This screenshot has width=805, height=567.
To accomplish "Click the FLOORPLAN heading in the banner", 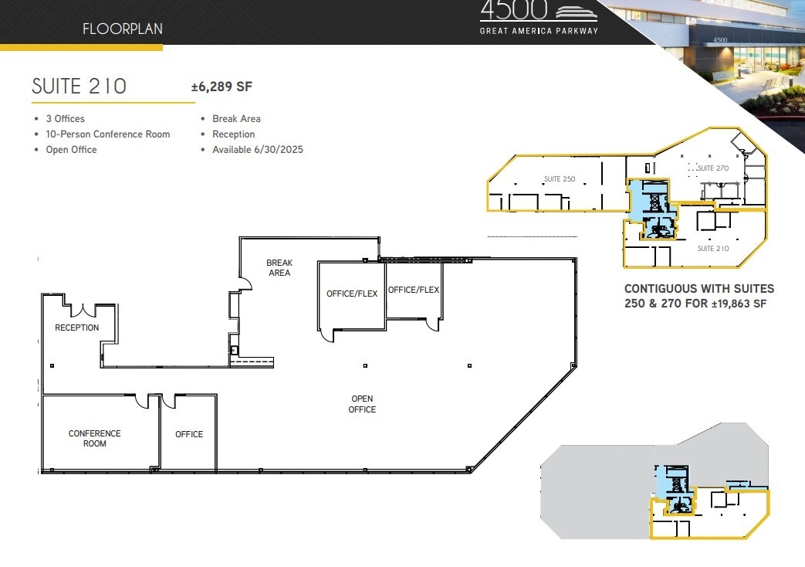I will [123, 30].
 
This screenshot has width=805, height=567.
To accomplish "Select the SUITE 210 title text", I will [79, 86].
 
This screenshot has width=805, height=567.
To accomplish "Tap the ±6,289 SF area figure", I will [222, 87].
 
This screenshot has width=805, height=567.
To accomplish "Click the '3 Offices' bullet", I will [65, 119].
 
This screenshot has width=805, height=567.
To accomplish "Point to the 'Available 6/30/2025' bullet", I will [257, 150].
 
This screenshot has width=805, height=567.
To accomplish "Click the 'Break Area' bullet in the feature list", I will [236, 119].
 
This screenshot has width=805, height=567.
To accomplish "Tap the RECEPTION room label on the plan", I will [76, 328].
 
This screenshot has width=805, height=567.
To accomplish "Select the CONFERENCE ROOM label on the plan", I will [95, 439].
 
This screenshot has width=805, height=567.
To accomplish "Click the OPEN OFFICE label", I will [362, 404].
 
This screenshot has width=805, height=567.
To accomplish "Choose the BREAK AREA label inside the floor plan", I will [279, 267].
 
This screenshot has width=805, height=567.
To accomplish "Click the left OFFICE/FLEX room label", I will [352, 294].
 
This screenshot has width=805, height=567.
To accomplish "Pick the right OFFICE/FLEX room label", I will [414, 290].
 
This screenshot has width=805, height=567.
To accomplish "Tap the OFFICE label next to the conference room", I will [189, 434].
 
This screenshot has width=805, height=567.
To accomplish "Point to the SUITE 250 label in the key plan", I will [560, 179].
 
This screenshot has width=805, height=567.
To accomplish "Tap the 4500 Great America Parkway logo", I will [539, 18].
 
